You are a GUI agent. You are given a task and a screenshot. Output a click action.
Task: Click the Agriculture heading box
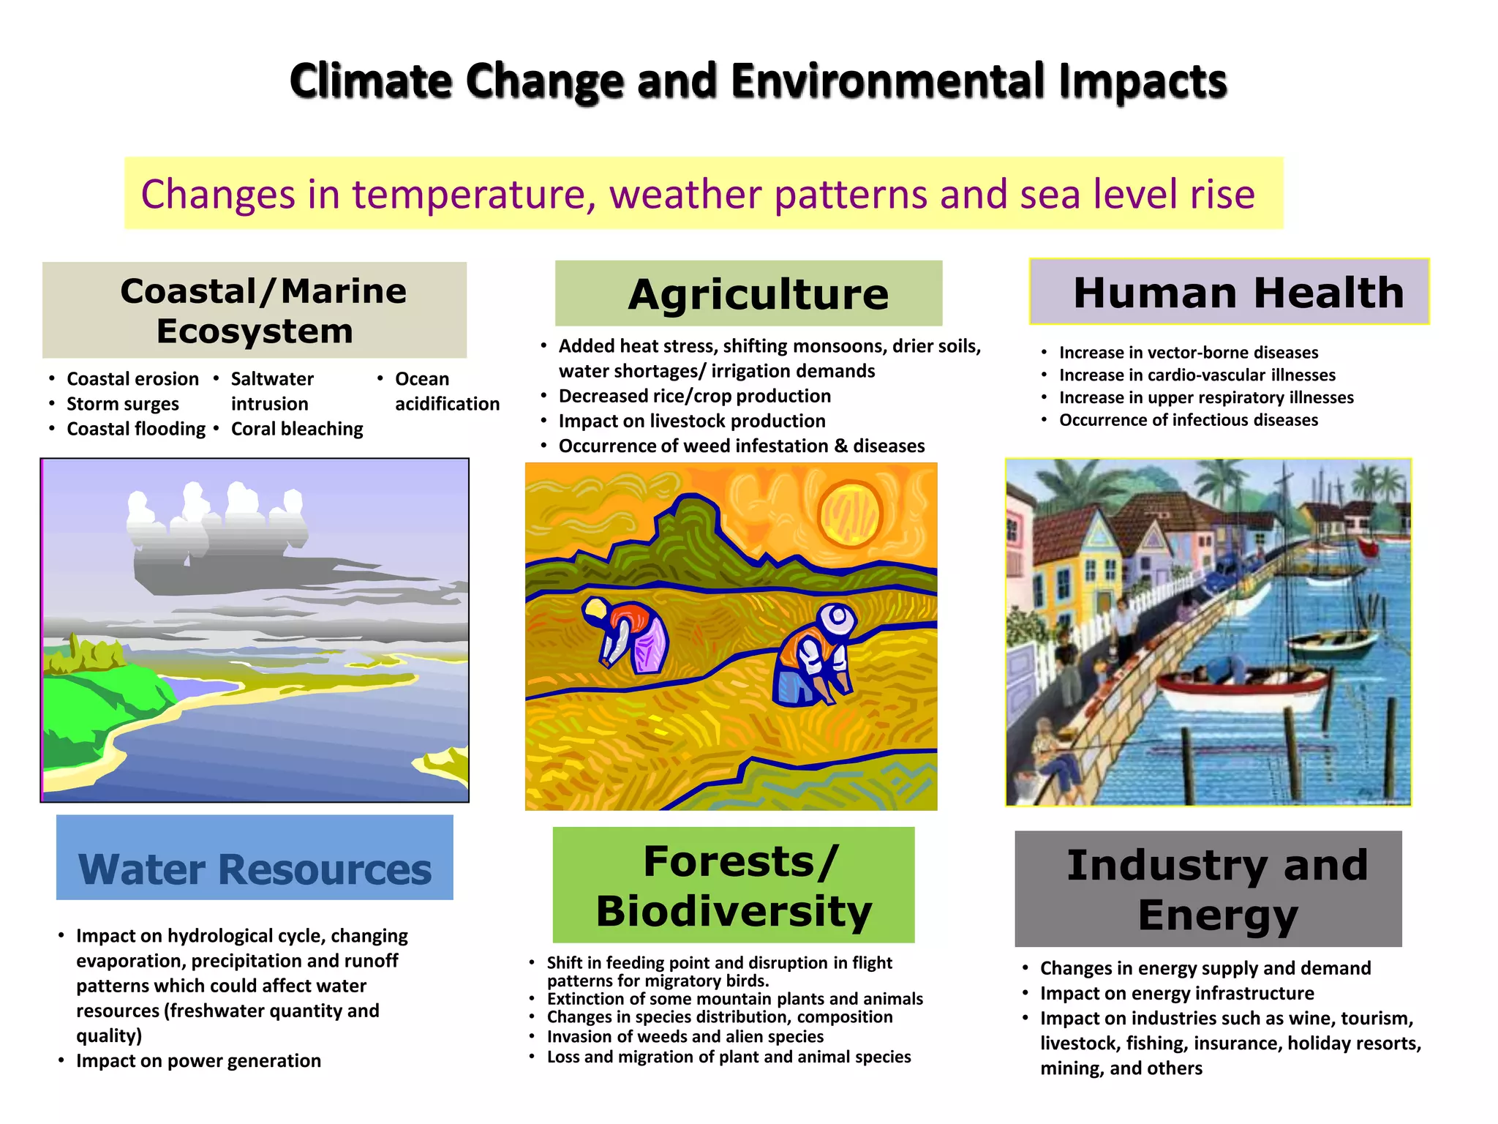point(748,293)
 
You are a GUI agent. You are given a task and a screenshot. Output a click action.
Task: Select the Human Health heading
point(1229,292)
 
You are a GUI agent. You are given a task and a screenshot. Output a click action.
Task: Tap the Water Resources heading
point(255,858)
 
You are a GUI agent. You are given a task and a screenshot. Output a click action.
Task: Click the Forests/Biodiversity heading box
point(734,885)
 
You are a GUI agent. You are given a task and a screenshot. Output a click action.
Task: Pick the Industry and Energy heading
point(1208,888)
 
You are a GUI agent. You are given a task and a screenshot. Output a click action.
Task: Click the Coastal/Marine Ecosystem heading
point(255,310)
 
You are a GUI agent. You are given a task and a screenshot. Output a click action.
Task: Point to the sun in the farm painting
point(850,513)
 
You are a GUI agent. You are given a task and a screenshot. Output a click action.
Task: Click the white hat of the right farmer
point(836,621)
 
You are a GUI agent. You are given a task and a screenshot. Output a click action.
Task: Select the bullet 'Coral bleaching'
point(297,429)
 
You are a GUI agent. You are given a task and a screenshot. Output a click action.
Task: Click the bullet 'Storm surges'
point(123,404)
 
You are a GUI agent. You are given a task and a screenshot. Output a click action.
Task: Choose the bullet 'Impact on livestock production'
point(692,421)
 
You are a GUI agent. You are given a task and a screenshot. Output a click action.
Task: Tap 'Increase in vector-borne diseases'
point(1189,353)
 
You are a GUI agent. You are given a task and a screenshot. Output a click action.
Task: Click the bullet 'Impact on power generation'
point(198,1060)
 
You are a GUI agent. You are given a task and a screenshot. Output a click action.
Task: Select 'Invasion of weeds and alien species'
point(685,1036)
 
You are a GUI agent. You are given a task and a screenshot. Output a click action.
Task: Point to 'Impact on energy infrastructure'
point(1177,993)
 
